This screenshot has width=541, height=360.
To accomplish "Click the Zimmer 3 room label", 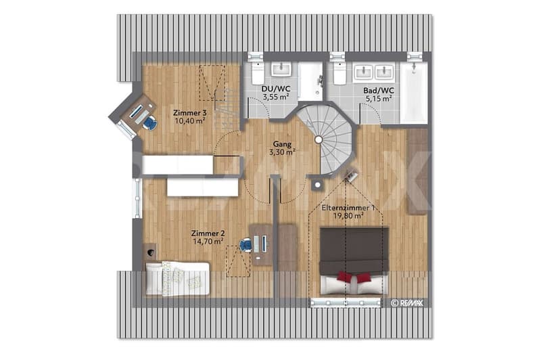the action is click(x=190, y=113).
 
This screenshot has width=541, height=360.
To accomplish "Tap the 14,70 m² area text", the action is click(x=208, y=242).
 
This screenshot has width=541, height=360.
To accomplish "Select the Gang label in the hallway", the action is click(x=282, y=144).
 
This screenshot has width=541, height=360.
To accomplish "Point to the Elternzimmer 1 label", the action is click(x=348, y=208).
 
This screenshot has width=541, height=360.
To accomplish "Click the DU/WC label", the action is click(x=276, y=89).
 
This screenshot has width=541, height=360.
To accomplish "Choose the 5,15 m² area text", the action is click(x=379, y=99).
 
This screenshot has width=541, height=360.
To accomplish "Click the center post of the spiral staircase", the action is click(x=318, y=139).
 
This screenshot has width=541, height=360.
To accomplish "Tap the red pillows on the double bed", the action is click(x=354, y=277).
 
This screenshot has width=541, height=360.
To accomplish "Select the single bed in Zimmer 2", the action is click(x=177, y=279).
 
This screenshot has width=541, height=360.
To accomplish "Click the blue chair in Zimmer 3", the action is click(x=150, y=123).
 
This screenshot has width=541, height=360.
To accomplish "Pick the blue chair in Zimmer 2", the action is click(x=246, y=245).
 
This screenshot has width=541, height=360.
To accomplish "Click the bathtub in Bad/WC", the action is click(x=414, y=92).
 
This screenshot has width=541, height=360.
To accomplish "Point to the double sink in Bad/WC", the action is click(x=374, y=72).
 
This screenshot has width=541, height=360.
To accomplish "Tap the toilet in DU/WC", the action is click(x=258, y=73).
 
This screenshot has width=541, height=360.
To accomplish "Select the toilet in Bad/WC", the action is click(x=339, y=73).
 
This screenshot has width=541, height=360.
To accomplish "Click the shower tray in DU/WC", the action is click(x=310, y=81).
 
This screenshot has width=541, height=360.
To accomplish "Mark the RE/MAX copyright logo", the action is click(x=407, y=303).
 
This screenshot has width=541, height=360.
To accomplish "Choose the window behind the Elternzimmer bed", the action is click(x=346, y=302).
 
